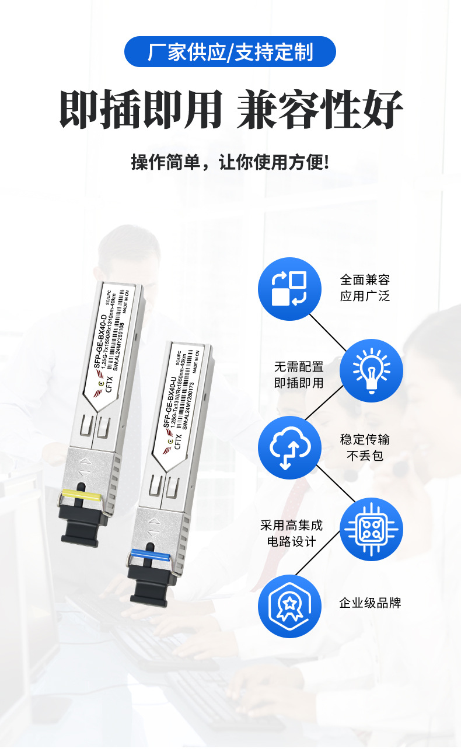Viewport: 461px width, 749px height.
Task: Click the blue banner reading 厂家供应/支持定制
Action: coord(230,52)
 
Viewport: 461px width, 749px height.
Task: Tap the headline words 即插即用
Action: coord(141,110)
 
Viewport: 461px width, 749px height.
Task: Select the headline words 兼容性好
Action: coord(320,110)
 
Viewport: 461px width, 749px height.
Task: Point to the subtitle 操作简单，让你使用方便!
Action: coord(230,162)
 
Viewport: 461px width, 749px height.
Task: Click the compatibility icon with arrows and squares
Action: coord(289,289)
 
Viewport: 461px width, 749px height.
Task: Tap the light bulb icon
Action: coord(371,370)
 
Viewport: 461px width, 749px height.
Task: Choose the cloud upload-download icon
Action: coord(289,447)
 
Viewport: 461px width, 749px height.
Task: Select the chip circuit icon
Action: coord(371,529)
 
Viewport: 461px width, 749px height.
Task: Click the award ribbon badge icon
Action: coord(289,606)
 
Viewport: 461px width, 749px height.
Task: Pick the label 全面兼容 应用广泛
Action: coord(365,288)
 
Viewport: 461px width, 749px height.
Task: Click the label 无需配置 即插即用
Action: coord(299,375)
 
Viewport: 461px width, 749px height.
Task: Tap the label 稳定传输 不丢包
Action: coord(365,447)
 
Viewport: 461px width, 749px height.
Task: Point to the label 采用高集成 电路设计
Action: coord(291,533)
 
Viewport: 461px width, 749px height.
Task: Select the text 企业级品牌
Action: coord(370,603)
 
